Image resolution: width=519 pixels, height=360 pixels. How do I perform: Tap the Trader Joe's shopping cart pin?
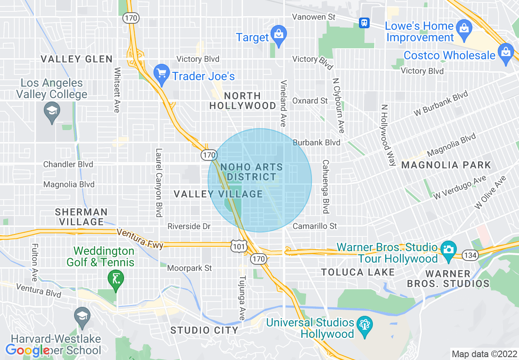coord(162,74)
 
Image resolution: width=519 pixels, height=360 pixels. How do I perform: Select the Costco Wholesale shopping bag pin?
coord(506,54)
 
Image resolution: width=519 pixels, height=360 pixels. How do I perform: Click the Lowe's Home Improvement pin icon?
coord(464,31)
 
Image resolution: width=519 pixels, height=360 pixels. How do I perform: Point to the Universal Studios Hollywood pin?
coord(364,327)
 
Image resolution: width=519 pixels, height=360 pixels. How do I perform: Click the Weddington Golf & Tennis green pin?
coord(116,280)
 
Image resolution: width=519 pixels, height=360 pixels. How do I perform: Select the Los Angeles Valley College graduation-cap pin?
coord(52,112)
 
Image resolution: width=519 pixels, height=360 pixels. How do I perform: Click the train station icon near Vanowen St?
coord(364,23)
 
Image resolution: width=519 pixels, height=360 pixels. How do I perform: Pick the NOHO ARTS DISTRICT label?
coord(251,172)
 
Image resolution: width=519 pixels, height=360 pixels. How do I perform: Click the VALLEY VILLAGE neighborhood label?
coord(218,194)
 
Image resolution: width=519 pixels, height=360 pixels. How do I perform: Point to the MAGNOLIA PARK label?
coord(446,165)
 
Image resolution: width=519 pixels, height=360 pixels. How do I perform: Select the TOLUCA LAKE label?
coord(358,272)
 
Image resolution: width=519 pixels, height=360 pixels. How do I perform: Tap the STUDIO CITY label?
coord(204,330)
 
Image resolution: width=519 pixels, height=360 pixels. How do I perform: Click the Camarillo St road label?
coord(314,226)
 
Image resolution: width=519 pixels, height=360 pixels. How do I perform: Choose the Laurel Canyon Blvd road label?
coord(159,182)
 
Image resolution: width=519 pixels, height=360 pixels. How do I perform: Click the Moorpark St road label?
coord(190,268)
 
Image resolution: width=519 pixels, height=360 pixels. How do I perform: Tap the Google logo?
coord(28,350)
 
